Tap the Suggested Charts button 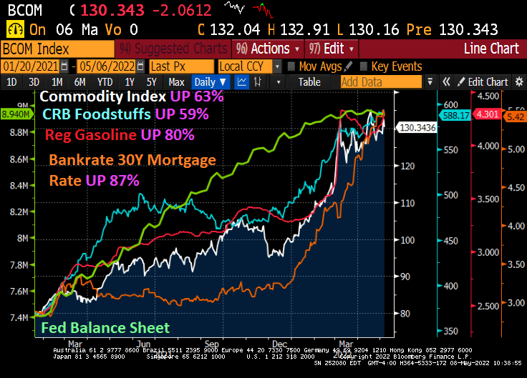[x=175, y=49]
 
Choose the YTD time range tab [x=105, y=81]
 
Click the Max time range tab [x=176, y=81]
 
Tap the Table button [x=309, y=81]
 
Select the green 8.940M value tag [x=15, y=114]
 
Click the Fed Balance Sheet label [x=105, y=328]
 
